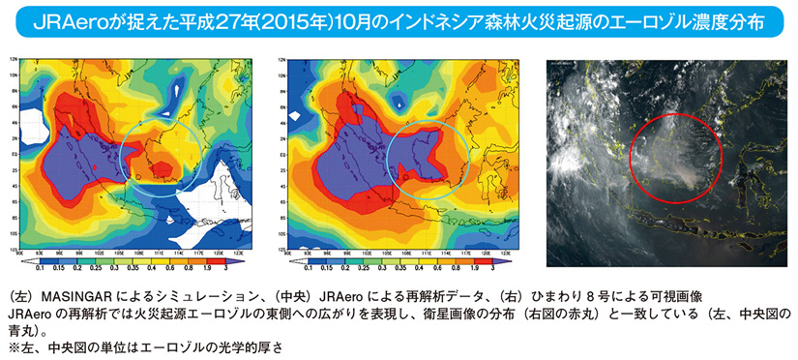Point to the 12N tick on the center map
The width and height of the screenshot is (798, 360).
coord(282,59)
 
